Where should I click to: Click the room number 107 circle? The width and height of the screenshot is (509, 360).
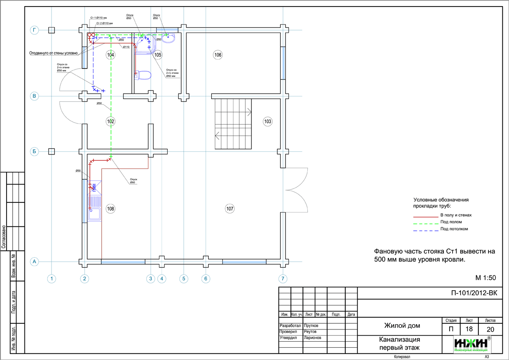(230, 209)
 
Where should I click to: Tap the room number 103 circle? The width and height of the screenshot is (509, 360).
(268, 121)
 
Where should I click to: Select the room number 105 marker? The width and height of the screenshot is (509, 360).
(158, 55)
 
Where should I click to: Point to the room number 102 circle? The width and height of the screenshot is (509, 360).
(110, 121)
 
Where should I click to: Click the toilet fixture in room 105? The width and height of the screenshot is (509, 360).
(143, 75)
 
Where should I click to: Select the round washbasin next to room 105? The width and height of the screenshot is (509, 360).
(169, 38)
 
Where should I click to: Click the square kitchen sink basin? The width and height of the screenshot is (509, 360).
(94, 214)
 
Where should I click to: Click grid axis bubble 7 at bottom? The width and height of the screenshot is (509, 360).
(283, 278)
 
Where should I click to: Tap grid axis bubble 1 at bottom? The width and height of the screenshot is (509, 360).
(52, 278)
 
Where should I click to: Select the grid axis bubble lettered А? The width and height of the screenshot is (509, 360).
(34, 261)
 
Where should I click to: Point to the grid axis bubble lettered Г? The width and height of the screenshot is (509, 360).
(34, 30)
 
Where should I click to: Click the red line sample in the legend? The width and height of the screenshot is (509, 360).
(425, 216)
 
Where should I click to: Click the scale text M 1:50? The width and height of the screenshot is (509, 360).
(485, 278)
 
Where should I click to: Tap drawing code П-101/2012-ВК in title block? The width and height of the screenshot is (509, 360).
(474, 293)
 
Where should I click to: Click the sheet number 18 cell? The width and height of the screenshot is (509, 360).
(469, 329)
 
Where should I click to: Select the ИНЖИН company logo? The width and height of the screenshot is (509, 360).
(472, 344)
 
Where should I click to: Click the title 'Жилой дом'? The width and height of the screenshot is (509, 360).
(402, 326)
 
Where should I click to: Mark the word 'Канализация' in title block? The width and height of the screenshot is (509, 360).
(399, 339)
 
